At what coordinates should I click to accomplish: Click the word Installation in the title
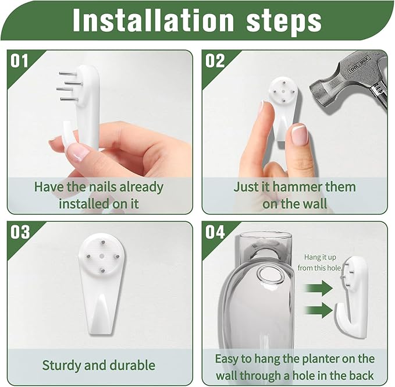click(x=154, y=21)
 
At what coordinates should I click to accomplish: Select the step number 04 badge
click(x=215, y=232)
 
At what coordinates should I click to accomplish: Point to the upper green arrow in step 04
click(x=318, y=287)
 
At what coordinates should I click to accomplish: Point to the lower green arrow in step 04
click(x=318, y=310)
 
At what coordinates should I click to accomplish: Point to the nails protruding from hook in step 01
click(x=69, y=86)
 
